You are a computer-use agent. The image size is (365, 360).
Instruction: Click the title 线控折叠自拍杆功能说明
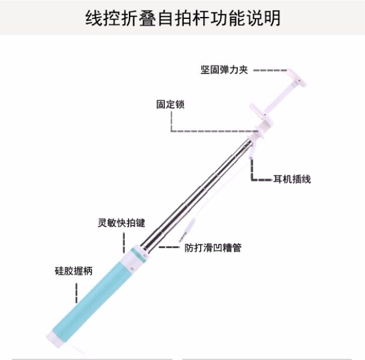(x=182, y=17)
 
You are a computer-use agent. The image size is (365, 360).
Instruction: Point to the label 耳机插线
(x=291, y=179)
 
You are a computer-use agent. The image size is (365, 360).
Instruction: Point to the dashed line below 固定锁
(x=212, y=130)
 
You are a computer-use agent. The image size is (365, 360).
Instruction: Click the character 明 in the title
(x=271, y=17)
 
